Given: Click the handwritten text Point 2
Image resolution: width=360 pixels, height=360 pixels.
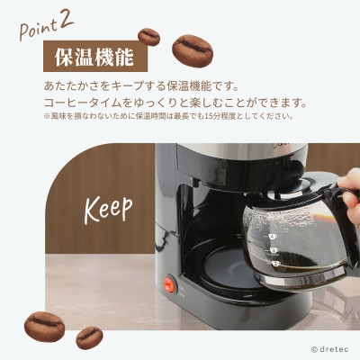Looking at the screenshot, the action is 46,26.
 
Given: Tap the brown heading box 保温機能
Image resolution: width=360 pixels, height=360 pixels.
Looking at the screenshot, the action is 95,56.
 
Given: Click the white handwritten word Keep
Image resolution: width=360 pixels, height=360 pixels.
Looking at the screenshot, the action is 108,209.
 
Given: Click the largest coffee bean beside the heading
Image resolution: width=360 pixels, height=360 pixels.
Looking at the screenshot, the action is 193,51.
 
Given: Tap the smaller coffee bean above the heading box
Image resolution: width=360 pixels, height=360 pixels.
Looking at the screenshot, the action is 148,37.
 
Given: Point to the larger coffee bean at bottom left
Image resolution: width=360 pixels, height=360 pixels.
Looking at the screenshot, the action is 44,327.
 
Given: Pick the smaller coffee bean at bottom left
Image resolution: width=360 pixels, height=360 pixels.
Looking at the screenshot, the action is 89,337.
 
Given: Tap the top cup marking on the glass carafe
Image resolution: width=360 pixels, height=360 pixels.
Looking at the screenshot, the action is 273,237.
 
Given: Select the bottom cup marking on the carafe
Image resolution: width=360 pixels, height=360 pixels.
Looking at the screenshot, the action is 275,264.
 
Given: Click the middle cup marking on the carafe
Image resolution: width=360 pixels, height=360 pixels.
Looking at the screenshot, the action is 274,250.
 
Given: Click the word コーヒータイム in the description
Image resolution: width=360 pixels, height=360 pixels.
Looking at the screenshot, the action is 84,103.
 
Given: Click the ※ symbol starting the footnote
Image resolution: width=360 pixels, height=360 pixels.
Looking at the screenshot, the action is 47,116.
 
